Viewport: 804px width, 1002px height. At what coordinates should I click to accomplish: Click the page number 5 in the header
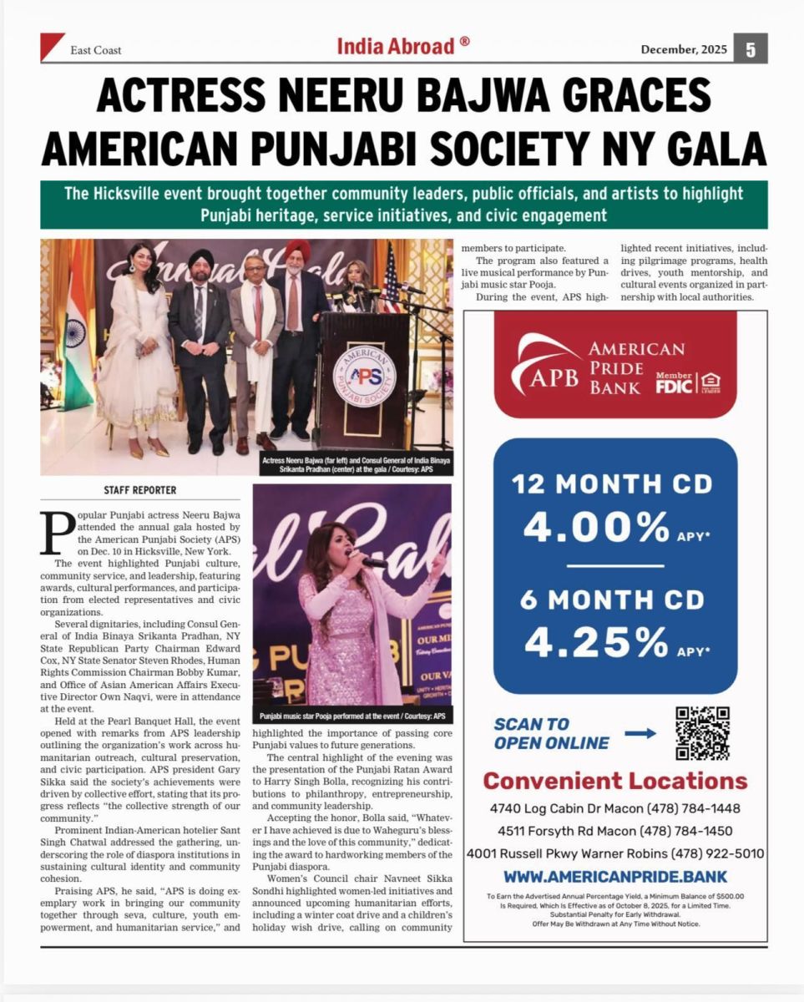[751, 49]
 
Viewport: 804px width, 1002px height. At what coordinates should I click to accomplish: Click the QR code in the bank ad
[702, 733]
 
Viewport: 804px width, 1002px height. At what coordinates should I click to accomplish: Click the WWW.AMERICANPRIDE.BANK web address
[615, 877]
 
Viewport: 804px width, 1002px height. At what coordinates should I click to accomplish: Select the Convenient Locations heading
[615, 781]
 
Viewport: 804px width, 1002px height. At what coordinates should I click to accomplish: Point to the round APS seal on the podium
[363, 373]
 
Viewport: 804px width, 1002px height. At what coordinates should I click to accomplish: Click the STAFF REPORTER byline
[139, 490]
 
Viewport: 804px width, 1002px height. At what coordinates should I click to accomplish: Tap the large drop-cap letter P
[58, 533]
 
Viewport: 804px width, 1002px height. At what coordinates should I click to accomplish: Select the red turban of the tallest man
[297, 249]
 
